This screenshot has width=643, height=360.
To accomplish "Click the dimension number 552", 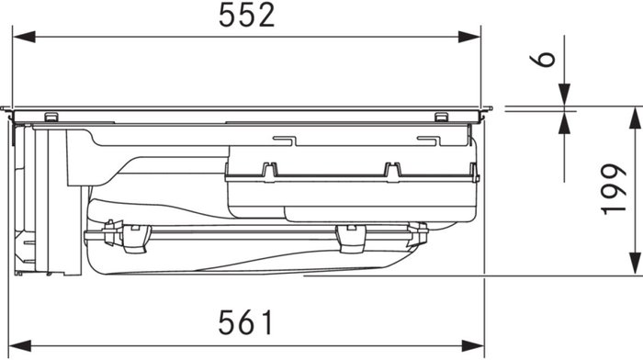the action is tap(246, 16).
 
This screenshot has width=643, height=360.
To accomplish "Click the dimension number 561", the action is tap(245, 322).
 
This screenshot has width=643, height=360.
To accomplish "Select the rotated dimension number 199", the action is tap(614, 189).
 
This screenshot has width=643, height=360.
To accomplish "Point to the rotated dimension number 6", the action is tap(543, 60).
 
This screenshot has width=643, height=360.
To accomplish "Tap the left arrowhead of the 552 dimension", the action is tap(24, 37).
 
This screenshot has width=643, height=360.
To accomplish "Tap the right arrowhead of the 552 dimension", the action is tap(469, 37).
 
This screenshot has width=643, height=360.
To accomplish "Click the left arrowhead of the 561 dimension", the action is tap(20, 345).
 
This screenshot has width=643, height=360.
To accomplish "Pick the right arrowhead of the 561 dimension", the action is tap(473, 345).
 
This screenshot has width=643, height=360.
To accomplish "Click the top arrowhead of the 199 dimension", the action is tap(635, 118).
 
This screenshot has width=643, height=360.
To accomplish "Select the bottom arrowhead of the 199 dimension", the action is tap(635, 264).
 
